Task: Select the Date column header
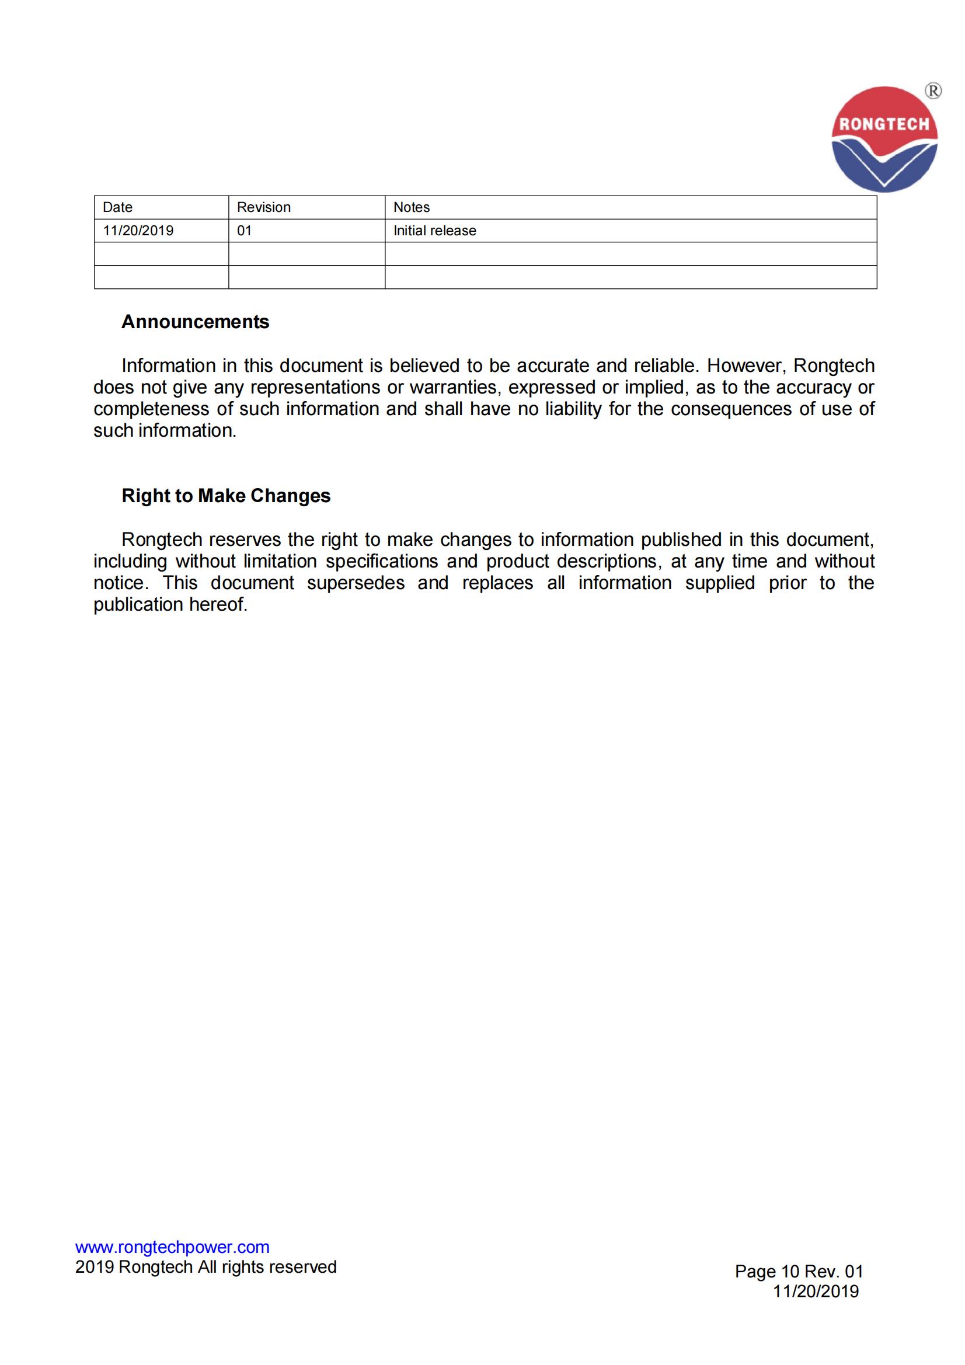(118, 207)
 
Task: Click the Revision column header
(263, 207)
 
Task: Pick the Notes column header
(412, 207)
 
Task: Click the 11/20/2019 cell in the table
(138, 231)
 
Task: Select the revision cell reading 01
(245, 231)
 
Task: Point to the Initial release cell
(435, 231)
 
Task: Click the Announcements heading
(195, 322)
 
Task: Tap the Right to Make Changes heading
(226, 496)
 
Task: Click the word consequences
(731, 409)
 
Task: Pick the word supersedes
(356, 583)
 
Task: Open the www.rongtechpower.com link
(172, 1246)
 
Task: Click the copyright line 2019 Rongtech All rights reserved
(205, 1267)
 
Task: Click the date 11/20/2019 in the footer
(815, 1291)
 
